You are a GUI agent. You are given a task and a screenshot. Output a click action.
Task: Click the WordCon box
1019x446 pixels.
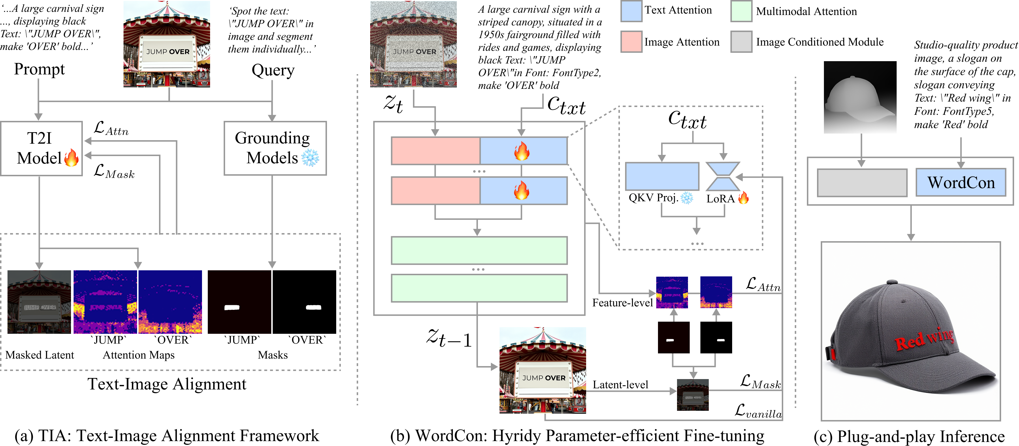click(x=961, y=183)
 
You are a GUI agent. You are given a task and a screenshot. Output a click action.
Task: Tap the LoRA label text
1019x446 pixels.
click(x=720, y=199)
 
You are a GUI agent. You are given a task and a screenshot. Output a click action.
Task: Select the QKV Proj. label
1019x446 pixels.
click(x=653, y=198)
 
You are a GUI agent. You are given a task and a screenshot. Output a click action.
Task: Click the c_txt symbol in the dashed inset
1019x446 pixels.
click(x=687, y=119)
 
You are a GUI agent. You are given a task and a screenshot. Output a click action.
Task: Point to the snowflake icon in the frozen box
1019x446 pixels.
click(x=310, y=157)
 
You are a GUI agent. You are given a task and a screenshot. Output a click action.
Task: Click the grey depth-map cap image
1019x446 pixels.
click(x=860, y=97)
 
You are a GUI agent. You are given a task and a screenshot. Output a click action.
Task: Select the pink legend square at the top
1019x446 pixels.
click(x=631, y=42)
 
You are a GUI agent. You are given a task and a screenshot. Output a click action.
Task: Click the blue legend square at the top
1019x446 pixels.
click(x=631, y=11)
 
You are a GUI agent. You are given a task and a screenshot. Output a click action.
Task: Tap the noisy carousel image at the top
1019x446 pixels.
click(x=413, y=44)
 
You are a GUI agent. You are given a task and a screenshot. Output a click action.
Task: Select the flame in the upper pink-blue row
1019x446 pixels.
click(x=522, y=151)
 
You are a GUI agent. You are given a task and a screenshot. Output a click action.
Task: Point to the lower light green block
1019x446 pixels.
click(x=479, y=288)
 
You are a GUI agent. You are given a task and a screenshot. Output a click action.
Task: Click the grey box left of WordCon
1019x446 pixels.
click(x=862, y=183)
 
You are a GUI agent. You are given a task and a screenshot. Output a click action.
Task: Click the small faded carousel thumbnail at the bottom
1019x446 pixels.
click(x=693, y=395)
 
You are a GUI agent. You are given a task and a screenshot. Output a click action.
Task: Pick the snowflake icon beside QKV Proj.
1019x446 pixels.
click(x=687, y=198)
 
